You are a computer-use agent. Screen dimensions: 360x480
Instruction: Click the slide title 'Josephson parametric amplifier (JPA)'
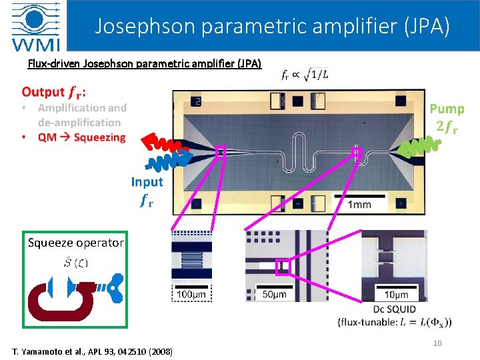[x=272, y=26]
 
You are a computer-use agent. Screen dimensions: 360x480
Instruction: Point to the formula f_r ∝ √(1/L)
[x=305, y=75]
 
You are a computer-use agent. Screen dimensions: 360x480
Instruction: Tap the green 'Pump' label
[x=447, y=109]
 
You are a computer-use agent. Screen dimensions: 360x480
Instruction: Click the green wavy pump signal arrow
[x=423, y=146]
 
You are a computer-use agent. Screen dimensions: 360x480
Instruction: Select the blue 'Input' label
[x=147, y=181]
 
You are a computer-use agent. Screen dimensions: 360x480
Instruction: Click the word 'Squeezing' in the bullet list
[x=100, y=137]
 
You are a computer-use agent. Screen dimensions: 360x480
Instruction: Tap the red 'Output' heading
[x=53, y=92]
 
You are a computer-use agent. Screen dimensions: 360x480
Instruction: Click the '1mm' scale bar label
[x=359, y=204]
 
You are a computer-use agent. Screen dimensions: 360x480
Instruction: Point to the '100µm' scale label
[x=191, y=294]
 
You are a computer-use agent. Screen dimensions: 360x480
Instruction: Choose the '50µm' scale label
[x=274, y=294]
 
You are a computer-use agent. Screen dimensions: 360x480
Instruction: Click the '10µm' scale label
[x=396, y=295]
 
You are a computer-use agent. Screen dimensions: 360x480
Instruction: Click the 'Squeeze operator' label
[x=75, y=243]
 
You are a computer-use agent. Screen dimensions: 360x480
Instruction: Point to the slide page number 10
[x=437, y=343]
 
